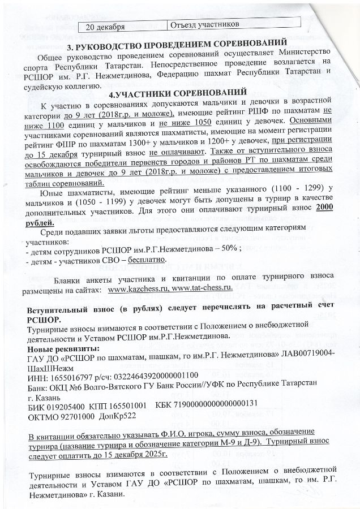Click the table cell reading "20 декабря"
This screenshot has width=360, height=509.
click(105, 25)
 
